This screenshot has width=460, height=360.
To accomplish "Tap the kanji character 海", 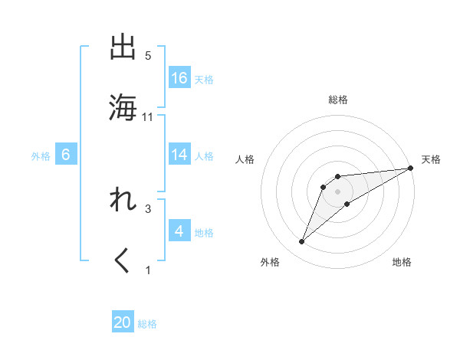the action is [x=123, y=107].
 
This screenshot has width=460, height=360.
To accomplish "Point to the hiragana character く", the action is [x=123, y=260].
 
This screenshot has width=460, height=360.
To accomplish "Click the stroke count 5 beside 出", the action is [x=148, y=56].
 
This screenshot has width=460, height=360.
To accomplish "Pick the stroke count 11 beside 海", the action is [x=149, y=116].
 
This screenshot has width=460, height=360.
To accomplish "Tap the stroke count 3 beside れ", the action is [x=148, y=208].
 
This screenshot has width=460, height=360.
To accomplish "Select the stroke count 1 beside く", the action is [x=148, y=270].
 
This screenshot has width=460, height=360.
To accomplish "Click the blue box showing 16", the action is [x=179, y=78].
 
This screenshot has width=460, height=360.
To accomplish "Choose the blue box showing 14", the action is [x=179, y=155].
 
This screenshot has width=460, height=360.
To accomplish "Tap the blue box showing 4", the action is [x=179, y=231].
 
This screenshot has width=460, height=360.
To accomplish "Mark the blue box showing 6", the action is [x=66, y=155].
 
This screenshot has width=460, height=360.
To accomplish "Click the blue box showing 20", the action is [x=123, y=323].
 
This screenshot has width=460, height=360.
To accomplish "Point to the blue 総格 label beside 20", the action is [x=147, y=324].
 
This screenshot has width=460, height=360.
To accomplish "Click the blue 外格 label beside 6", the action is [x=41, y=155].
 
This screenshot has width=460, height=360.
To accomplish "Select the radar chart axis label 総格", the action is [x=338, y=100].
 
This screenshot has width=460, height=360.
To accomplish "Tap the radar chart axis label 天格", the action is [x=431, y=159].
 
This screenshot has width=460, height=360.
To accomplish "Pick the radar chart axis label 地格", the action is [x=402, y=262].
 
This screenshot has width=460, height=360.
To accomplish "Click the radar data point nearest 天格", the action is [x=411, y=168].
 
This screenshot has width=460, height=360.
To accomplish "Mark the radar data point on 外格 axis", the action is [x=302, y=242].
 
